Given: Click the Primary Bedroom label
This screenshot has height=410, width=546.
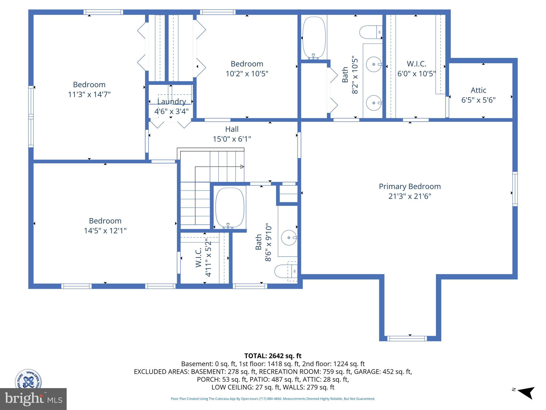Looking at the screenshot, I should tap(410, 186).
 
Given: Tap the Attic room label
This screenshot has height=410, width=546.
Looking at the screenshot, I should tap(478, 90).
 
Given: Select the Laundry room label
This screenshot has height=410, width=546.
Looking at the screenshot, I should tap(171, 102).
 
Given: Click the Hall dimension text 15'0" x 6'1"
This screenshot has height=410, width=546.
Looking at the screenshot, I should tap(232, 139).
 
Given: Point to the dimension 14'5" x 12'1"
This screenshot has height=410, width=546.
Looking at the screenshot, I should tap(105, 231).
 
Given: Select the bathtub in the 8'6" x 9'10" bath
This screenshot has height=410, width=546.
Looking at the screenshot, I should tap(230, 207).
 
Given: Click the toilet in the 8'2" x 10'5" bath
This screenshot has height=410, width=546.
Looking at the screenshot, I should tap(369, 32).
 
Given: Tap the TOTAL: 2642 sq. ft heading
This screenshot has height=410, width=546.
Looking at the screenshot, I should tap(273, 356).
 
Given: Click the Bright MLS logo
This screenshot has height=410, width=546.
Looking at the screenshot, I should tap(33, 399).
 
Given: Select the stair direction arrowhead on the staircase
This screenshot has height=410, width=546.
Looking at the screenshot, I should tap(242, 167).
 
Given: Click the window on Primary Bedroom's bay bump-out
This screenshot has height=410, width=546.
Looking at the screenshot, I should tap(407, 338).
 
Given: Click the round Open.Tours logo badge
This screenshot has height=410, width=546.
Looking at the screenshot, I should tap(28, 379).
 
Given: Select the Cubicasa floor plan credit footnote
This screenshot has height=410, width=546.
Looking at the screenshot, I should tap(273, 399).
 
